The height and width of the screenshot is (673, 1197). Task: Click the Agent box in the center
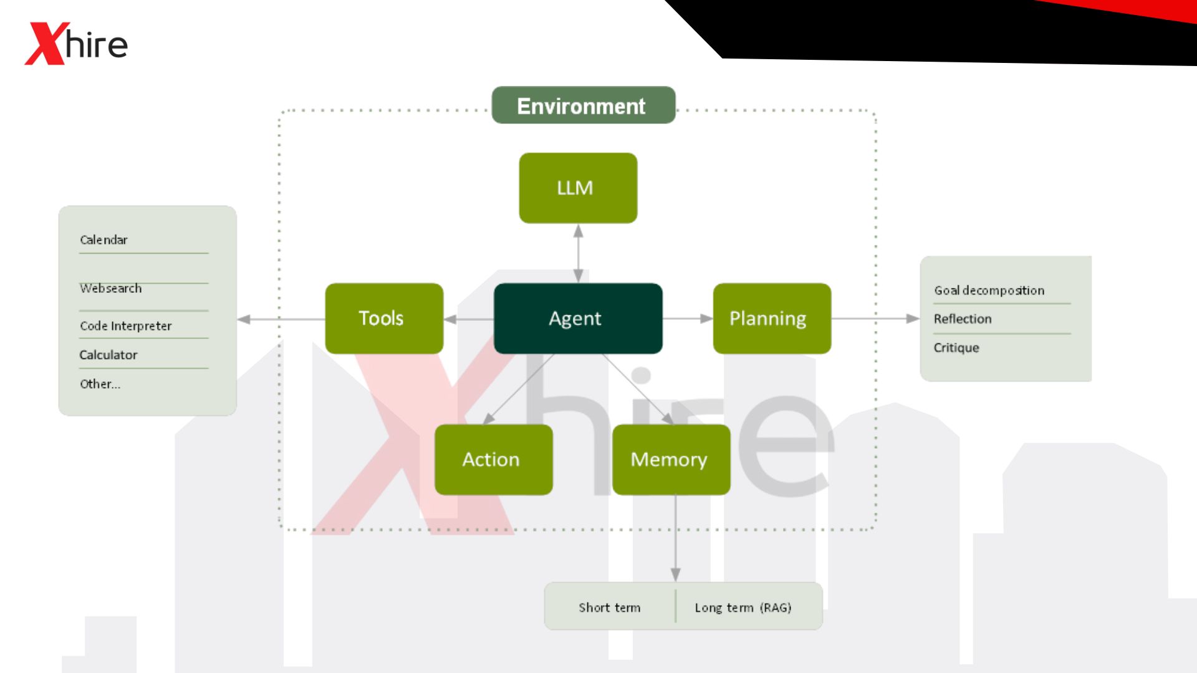[577, 318]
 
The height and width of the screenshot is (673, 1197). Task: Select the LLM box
[577, 188]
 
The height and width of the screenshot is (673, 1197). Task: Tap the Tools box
[383, 318]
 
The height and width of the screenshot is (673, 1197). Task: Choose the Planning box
[771, 318]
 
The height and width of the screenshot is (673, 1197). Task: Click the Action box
[493, 459]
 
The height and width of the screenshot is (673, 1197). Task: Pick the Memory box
[670, 459]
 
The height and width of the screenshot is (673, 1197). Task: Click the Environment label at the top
[582, 106]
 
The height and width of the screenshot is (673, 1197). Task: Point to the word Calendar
[103, 240]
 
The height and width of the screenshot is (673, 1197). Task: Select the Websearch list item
[111, 289]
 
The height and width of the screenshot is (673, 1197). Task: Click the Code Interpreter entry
[125, 326]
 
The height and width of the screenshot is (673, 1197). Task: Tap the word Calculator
[108, 355]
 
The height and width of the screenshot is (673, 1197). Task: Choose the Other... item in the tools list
[100, 384]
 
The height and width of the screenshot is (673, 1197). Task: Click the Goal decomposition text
[988, 290]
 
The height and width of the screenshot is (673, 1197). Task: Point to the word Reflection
[962, 319]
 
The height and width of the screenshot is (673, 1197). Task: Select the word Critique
[956, 348]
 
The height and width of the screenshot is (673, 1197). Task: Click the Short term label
[609, 608]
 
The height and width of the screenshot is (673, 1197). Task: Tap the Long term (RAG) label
[743, 608]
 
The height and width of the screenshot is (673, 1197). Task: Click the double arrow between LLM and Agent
[578, 253]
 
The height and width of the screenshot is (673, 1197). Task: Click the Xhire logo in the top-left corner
[76, 44]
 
